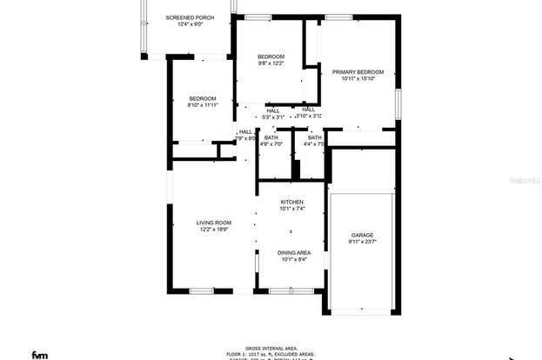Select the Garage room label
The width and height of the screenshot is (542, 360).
pos(362,236)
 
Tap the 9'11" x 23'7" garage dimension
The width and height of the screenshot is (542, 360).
pos(362,243)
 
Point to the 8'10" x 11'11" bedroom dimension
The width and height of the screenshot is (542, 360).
pos(203,105)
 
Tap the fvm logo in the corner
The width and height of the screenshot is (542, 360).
pos(40,354)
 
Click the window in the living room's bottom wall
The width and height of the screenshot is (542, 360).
pos(202,290)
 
